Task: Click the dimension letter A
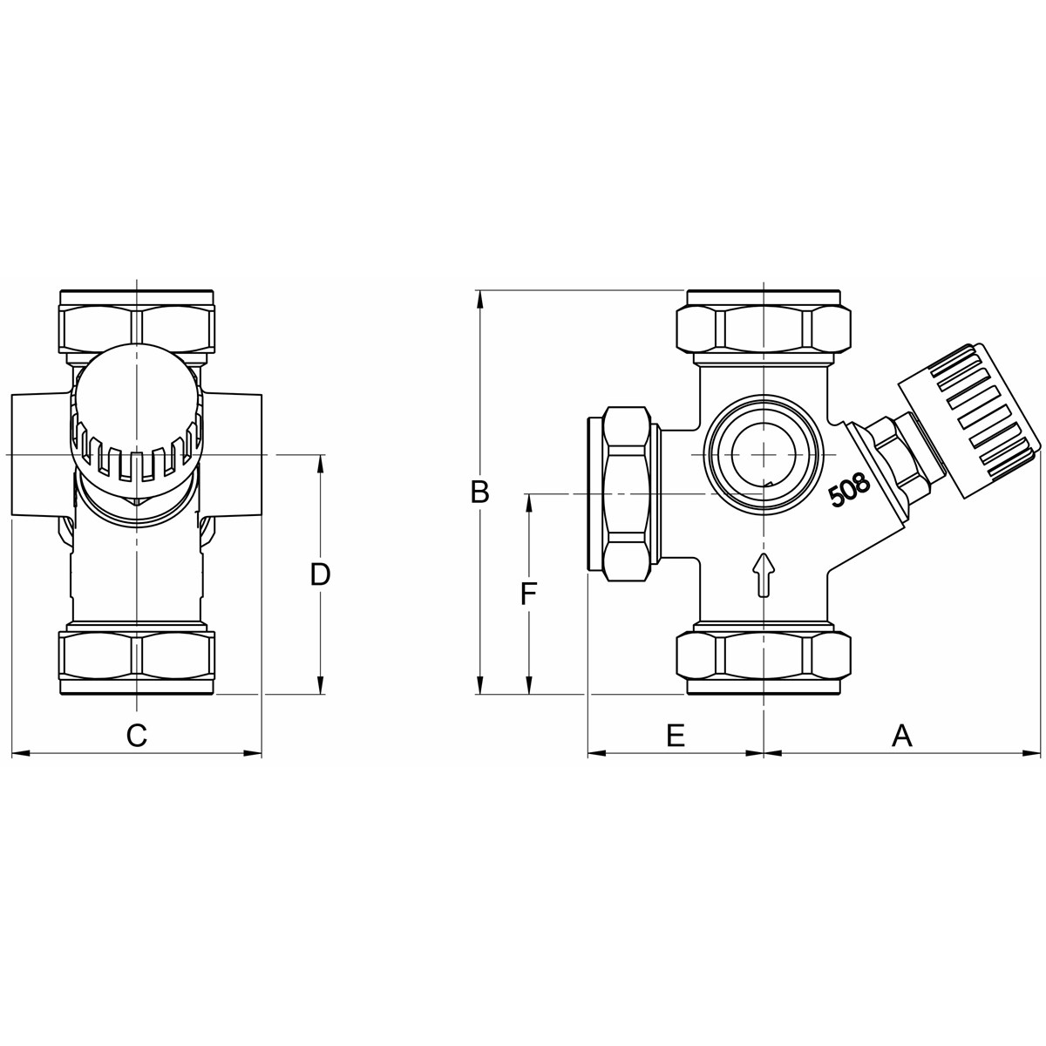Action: (x=902, y=736)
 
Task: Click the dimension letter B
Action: (x=479, y=492)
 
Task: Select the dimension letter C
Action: (x=136, y=736)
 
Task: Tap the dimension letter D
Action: (x=321, y=574)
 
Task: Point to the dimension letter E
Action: (x=676, y=736)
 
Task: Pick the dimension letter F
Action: (x=528, y=594)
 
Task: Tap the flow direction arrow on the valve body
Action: (x=764, y=574)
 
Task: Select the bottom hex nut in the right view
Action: (x=764, y=655)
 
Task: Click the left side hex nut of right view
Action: (x=628, y=492)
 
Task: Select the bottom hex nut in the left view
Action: (x=137, y=656)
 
